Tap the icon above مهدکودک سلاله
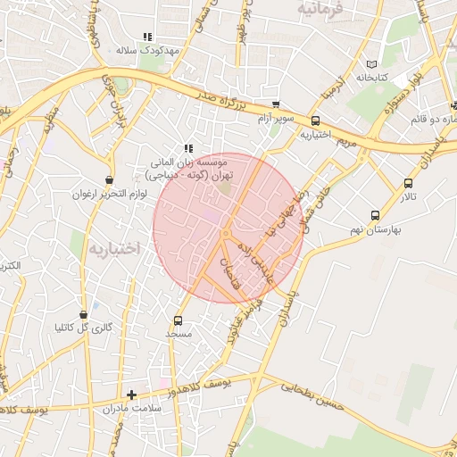147,37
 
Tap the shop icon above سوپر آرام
276,104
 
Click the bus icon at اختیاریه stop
315,121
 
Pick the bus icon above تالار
408,183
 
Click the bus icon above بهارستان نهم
375,215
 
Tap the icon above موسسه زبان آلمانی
187,148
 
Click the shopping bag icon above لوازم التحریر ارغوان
109,179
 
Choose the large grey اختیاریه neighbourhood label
111,247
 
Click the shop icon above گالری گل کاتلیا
84,314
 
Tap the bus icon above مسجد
178,320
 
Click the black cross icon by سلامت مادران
132,394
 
